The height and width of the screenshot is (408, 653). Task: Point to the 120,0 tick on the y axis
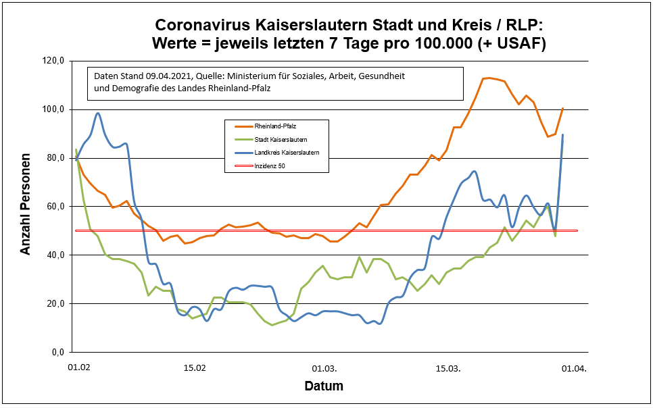pos(53,61)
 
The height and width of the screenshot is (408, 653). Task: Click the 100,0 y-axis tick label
pos(53,109)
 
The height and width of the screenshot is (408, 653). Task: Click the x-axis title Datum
pos(323,386)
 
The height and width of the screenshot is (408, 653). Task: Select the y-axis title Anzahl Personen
pos(26,207)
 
